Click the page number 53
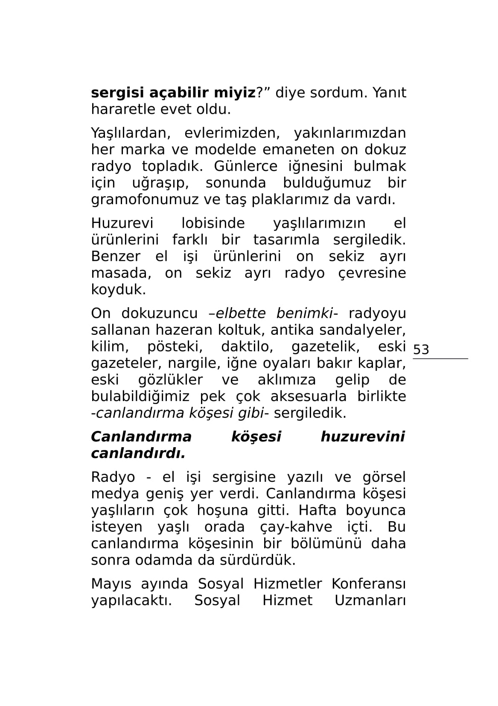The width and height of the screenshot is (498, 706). point(421,350)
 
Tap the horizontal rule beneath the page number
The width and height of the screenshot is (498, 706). point(440,359)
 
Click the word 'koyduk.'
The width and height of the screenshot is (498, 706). point(118,290)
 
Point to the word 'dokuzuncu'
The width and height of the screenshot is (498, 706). point(159,313)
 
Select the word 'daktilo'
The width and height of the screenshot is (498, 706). point(247,347)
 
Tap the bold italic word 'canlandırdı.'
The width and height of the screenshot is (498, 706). point(138,454)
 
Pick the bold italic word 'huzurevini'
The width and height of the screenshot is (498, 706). point(362,437)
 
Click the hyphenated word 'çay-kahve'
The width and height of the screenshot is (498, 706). point(296,527)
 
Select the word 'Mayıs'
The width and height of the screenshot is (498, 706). point(109,584)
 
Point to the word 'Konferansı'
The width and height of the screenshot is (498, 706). point(369,584)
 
